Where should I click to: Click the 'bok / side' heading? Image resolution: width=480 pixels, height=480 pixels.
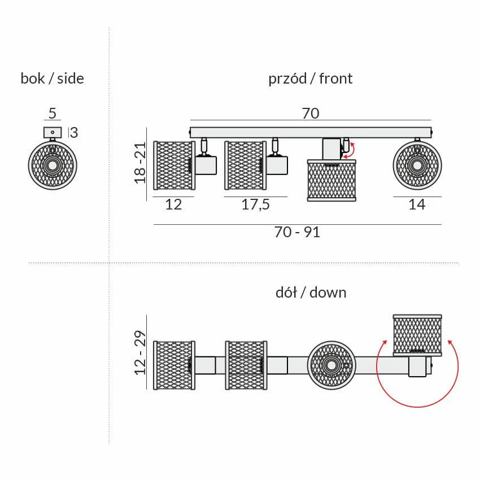(52, 78)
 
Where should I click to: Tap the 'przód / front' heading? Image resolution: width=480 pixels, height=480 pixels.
(311, 78)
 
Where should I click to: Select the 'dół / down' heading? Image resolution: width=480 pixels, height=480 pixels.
(311, 293)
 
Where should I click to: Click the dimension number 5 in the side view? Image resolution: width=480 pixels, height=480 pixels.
(53, 114)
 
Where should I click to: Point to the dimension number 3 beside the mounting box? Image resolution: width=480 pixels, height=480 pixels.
(74, 133)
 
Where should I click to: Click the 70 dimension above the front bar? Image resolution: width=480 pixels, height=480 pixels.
(311, 114)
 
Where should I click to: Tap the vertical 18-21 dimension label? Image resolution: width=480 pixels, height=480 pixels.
(140, 163)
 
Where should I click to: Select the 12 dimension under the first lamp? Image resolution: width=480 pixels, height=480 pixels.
(173, 204)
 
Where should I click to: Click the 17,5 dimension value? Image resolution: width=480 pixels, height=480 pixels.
(256, 204)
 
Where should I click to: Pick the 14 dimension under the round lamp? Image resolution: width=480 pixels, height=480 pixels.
(417, 204)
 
